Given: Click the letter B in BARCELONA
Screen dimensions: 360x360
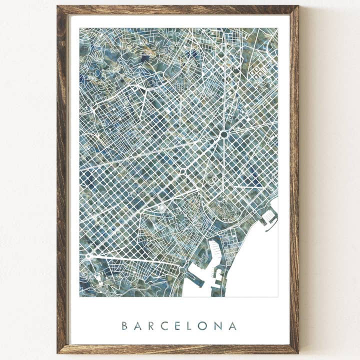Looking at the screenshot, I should click(124, 326).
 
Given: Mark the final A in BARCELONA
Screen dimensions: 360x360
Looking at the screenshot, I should click(232, 326).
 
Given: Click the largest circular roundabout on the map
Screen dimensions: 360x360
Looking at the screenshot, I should click(223, 134).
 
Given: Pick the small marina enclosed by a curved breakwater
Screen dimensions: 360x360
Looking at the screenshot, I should click(268, 216).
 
